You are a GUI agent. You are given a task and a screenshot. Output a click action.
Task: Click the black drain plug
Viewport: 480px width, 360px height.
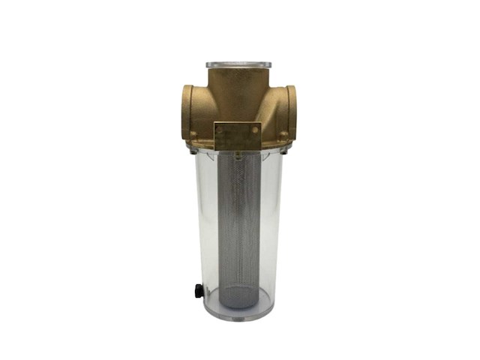(x=199, y=290)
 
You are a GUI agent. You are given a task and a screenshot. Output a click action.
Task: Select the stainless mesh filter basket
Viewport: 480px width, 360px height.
(x=239, y=225)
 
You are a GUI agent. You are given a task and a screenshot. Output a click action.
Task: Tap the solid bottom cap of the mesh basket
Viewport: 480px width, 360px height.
(x=239, y=295)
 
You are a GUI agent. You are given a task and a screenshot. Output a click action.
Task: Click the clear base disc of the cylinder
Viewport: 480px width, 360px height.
(x=238, y=313)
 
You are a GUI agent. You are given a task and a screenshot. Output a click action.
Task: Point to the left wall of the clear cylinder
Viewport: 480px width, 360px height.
(x=199, y=225)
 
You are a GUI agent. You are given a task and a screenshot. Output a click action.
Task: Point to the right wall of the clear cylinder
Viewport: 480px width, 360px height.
(x=280, y=225)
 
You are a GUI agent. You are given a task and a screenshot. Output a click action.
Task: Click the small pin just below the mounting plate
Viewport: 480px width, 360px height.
(x=238, y=154)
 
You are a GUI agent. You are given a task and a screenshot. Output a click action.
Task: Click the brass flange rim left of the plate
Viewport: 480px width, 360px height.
(x=202, y=141)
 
